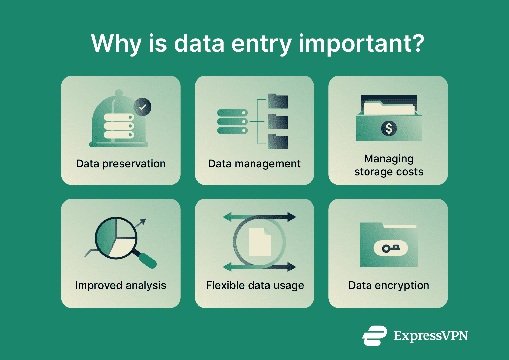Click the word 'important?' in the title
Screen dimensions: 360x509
tap(361, 44)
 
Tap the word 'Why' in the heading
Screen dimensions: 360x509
tap(116, 44)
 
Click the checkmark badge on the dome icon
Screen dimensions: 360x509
tap(142, 107)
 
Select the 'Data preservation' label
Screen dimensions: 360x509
tap(121, 164)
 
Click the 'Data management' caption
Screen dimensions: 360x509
tap(254, 164)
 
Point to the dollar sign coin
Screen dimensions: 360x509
tap(389, 128)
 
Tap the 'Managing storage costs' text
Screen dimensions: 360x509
tap(389, 165)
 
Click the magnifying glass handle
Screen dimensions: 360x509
tap(147, 261)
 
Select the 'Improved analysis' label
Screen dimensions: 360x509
tap(121, 285)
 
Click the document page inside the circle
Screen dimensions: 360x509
tap(260, 242)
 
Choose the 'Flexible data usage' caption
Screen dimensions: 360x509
tap(255, 285)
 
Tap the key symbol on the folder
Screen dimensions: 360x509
tap(391, 248)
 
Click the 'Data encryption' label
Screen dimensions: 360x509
tap(389, 285)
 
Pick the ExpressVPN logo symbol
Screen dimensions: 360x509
tap(374, 336)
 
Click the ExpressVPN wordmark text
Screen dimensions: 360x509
tap(431, 336)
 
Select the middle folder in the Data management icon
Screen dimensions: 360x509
tap(278, 122)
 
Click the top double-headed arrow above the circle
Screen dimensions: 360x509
tap(259, 217)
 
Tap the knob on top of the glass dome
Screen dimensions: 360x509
tap(119, 92)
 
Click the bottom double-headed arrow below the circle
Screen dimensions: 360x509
tap(259, 267)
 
